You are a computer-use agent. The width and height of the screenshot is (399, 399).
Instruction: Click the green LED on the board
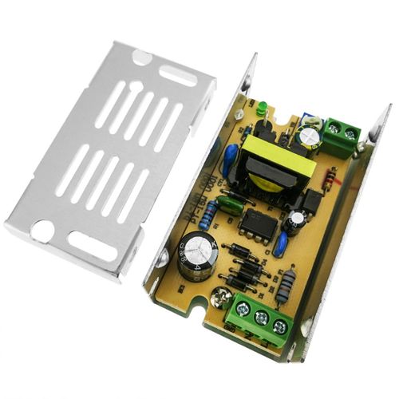pyautogui.click(x=261, y=108)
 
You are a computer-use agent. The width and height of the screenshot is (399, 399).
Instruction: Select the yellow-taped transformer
pyautogui.click(x=269, y=164)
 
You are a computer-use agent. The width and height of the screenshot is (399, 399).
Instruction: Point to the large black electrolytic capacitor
pyautogui.click(x=195, y=259)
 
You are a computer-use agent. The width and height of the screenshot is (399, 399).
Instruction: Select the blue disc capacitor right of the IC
pyautogui.click(x=282, y=242)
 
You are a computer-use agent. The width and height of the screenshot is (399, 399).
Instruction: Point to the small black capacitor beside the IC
pyautogui.click(x=298, y=220)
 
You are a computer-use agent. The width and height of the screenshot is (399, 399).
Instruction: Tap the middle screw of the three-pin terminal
pyautogui.click(x=260, y=318)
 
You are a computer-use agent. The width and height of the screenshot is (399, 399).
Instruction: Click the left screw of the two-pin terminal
pyautogui.click(x=333, y=127)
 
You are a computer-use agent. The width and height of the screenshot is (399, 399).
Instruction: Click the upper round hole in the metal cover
pyautogui.click(x=140, y=57)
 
